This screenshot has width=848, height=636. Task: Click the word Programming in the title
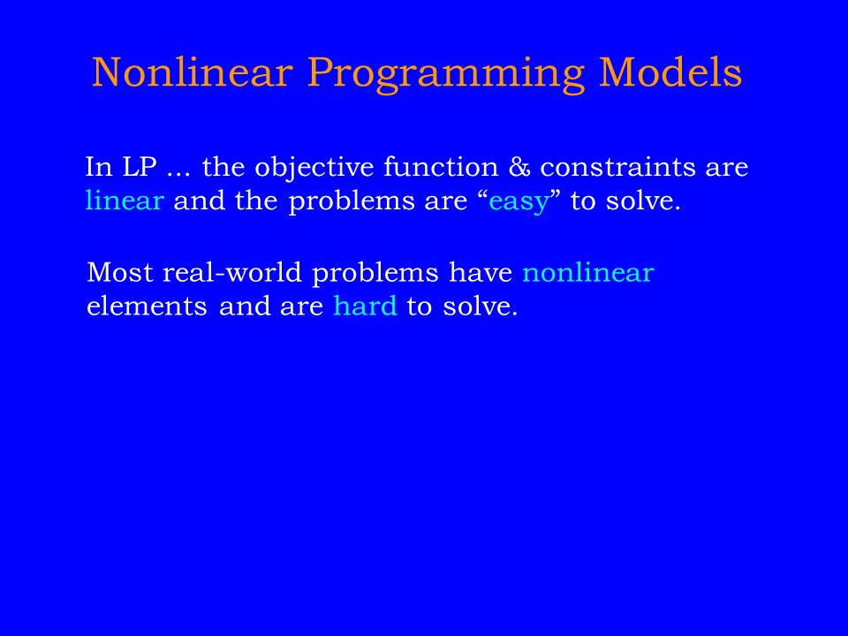coord(446,74)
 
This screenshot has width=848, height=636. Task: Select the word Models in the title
coord(670,72)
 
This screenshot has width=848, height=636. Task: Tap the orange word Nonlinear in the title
coord(193,72)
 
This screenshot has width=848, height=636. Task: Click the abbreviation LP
coord(140,167)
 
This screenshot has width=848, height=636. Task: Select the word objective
coord(314,168)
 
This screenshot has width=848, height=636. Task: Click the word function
coord(441,166)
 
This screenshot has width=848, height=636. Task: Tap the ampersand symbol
coord(519,167)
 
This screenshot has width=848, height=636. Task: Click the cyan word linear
coord(125,201)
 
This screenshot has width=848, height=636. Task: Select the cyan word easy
coord(519,203)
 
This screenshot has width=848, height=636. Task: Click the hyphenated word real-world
coord(232,272)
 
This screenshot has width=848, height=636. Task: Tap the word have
coord(481,272)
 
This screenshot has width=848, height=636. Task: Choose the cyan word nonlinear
coord(588,272)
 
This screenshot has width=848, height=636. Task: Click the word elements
coord(147,307)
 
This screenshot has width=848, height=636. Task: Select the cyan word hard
coord(365,307)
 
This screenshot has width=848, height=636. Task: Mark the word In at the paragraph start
coord(99,167)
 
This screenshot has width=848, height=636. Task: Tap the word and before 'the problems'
coord(199,201)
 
